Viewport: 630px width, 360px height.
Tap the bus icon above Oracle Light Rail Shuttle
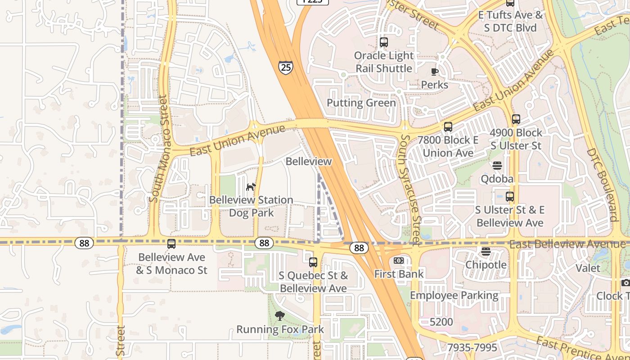[383, 42]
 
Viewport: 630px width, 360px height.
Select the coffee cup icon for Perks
[434, 72]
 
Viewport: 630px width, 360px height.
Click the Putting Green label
[361, 103]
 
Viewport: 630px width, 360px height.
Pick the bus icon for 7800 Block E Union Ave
[448, 127]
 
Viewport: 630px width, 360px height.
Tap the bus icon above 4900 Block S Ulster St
[516, 119]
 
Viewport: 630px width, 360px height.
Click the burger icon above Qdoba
[497, 166]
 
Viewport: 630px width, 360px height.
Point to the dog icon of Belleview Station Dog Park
[251, 186]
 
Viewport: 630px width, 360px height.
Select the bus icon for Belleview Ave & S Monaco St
[171, 244]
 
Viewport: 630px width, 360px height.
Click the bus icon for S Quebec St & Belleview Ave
[313, 262]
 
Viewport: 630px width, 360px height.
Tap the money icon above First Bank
[398, 261]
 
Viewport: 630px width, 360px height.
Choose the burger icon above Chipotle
[486, 252]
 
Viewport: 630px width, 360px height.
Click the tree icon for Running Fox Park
[279, 316]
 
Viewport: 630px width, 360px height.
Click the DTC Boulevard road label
[602, 184]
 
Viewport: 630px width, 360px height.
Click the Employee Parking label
[454, 296]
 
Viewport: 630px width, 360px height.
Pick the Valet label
[588, 268]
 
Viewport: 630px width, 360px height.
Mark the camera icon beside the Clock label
[625, 283]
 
